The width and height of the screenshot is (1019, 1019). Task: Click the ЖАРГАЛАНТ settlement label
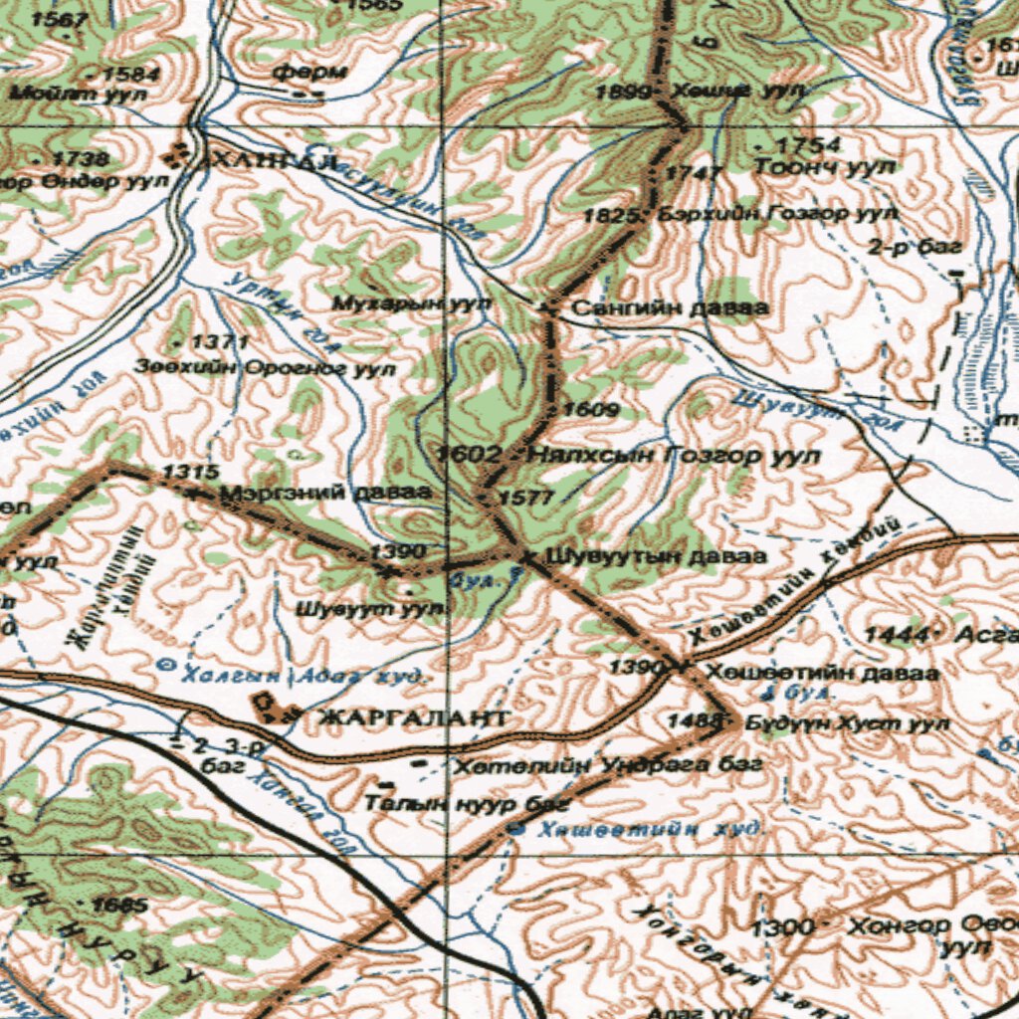[x=413, y=716]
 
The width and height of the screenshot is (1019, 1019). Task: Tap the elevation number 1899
[x=623, y=93]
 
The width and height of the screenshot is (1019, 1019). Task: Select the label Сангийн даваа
[x=669, y=308]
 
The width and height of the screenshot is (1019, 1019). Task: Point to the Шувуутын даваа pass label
[x=657, y=555]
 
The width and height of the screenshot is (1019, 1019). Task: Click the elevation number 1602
[x=469, y=455]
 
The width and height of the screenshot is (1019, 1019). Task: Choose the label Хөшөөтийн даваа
[x=821, y=673]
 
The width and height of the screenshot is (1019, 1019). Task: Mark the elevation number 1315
[x=184, y=471]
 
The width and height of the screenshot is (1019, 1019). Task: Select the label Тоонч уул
[x=825, y=167]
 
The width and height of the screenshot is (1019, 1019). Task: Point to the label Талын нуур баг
[x=467, y=802]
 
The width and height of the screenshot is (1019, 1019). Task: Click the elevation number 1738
[x=81, y=159]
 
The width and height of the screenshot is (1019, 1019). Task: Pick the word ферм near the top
[x=309, y=72]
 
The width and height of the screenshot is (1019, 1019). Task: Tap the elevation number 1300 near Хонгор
[x=783, y=927]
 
